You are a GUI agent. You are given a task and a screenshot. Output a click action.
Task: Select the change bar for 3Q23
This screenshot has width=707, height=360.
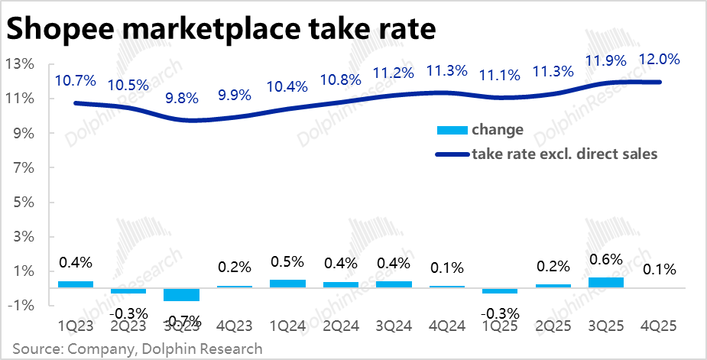[x=181, y=295]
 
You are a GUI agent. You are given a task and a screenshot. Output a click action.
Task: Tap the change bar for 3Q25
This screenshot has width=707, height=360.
[x=605, y=282]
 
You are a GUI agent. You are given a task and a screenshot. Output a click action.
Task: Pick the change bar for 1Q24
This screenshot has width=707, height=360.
[x=287, y=284]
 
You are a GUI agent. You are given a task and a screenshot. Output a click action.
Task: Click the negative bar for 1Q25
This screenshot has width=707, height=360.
[x=499, y=291]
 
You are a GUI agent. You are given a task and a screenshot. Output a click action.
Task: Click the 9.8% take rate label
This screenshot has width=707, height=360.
[x=182, y=98]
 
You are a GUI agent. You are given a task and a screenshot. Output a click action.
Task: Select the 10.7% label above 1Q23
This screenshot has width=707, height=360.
[x=75, y=79]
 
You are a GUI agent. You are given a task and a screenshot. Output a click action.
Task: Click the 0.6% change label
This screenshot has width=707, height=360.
[x=605, y=260]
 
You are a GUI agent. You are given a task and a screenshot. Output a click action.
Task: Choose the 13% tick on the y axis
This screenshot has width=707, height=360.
[x=20, y=63]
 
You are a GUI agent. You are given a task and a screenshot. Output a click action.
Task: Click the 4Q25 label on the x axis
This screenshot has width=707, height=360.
[x=659, y=323]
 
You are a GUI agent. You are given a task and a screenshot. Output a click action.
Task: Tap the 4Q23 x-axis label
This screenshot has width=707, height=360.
[x=234, y=323]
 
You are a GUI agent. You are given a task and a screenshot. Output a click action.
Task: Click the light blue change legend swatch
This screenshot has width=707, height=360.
[x=451, y=130]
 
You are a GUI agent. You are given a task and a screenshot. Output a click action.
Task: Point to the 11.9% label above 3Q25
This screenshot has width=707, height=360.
[x=606, y=60]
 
